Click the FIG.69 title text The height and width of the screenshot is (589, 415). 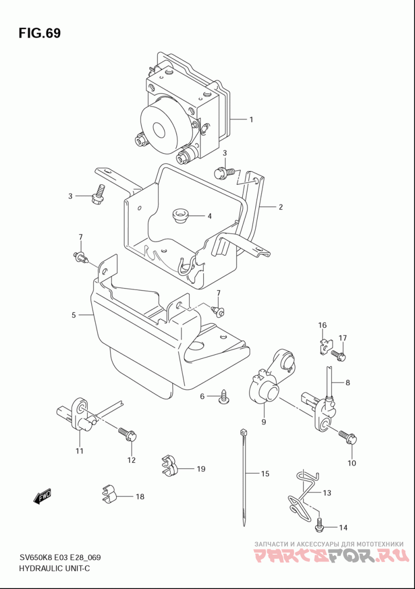[39, 33]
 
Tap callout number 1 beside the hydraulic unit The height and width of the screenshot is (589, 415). [251, 119]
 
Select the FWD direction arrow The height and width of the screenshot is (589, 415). [41, 497]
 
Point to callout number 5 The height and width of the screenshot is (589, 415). [74, 315]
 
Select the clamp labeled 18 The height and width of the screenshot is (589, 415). [109, 494]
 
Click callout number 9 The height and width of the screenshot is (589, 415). [264, 422]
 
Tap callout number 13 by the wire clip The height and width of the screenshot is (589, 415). [327, 492]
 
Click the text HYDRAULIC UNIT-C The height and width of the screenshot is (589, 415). [54, 568]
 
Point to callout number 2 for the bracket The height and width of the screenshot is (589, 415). [281, 207]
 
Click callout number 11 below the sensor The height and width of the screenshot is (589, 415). [79, 451]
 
